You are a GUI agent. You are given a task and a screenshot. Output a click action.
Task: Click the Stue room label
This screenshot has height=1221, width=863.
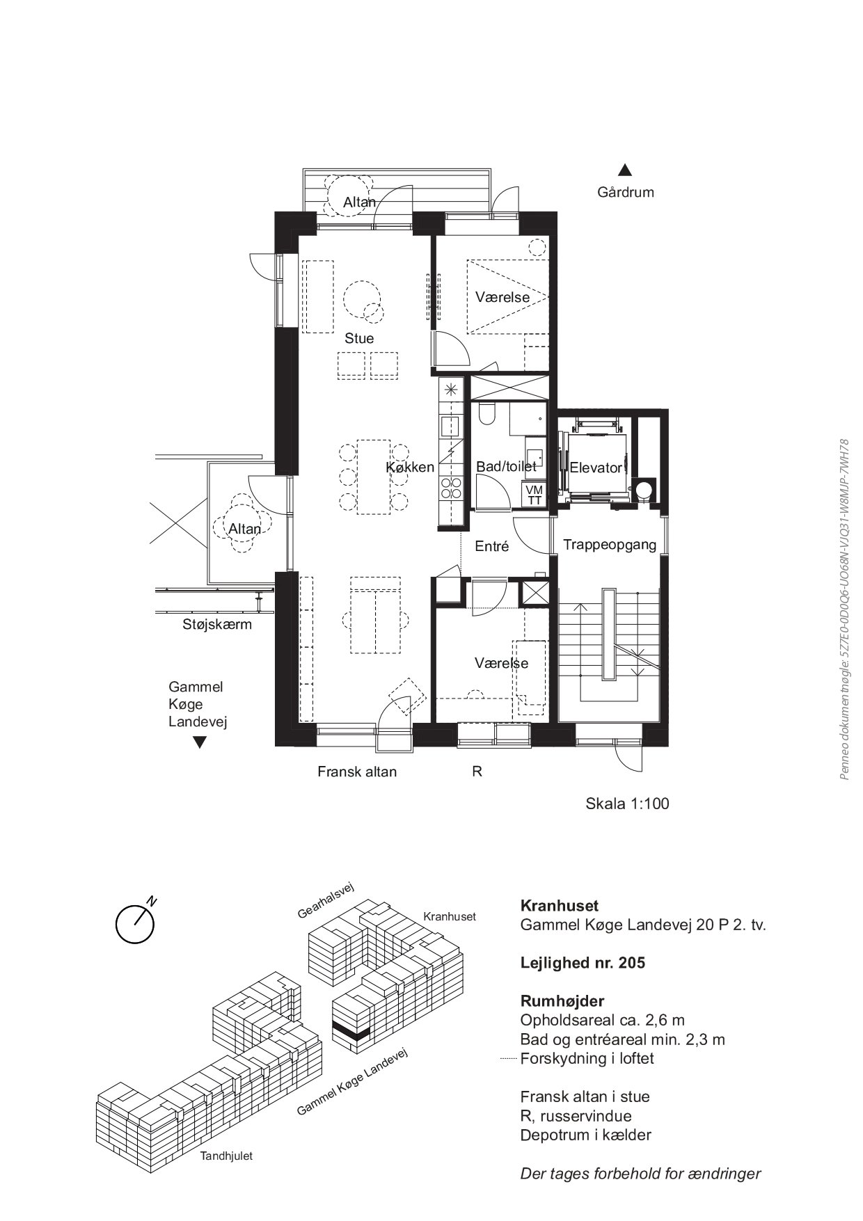(x=359, y=339)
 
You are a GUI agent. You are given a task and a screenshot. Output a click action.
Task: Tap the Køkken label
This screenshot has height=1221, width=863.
(x=410, y=468)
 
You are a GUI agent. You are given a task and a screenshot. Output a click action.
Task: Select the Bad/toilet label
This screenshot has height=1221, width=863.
(x=506, y=467)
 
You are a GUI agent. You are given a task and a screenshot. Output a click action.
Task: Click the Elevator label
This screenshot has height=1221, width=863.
(x=596, y=468)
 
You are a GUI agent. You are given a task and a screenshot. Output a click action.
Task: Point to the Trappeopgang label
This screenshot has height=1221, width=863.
(x=610, y=545)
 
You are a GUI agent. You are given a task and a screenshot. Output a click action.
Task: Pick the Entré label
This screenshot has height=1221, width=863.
(x=492, y=547)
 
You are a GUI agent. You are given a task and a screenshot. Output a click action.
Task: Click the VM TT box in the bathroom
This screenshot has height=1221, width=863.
(x=535, y=495)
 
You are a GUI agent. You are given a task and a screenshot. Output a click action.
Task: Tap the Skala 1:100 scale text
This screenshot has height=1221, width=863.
(x=627, y=804)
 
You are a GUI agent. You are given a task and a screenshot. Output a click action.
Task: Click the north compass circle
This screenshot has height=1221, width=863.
(x=134, y=924)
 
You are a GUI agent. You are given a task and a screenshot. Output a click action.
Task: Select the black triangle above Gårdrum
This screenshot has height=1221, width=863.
(x=625, y=170)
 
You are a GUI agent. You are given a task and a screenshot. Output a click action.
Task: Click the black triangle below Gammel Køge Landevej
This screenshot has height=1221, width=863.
(x=200, y=742)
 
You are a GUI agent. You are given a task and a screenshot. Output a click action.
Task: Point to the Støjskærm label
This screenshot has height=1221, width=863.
(x=217, y=624)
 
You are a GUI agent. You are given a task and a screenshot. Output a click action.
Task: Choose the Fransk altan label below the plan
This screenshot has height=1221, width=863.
(x=357, y=772)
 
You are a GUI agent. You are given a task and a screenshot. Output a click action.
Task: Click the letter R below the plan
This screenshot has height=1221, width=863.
(x=477, y=772)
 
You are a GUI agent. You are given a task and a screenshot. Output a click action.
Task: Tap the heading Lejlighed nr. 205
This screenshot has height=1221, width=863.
(x=583, y=963)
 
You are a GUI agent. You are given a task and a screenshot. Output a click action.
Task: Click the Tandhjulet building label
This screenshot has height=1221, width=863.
(x=226, y=1156)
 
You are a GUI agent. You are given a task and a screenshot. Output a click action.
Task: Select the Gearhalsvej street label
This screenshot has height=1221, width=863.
(x=326, y=900)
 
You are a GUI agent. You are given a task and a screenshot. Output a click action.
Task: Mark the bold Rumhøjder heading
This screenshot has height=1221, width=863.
(x=562, y=1001)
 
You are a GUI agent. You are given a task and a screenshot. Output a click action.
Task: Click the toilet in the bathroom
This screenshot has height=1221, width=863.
(x=486, y=413)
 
